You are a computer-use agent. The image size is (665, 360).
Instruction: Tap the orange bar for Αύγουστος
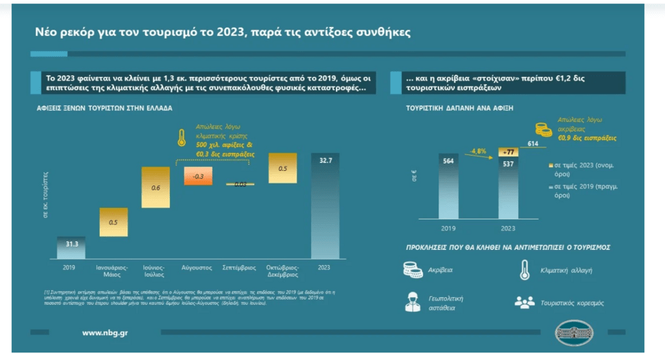(198, 176)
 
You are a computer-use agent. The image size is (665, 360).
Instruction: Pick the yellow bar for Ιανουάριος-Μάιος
(114, 222)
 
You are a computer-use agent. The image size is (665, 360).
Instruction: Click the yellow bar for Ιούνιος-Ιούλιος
(155, 187)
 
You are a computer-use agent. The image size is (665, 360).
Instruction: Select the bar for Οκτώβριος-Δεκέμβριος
(283, 168)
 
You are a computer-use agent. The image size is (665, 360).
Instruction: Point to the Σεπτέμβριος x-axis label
(239, 267)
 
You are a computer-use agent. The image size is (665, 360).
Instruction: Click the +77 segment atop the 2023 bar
(508, 151)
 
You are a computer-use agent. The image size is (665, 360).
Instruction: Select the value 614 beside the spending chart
(533, 143)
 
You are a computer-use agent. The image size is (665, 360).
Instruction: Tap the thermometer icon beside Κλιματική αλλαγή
(524, 269)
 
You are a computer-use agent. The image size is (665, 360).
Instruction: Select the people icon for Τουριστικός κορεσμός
(524, 302)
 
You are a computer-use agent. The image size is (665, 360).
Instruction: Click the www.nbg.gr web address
(105, 333)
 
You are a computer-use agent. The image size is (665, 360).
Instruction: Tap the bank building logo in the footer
(574, 333)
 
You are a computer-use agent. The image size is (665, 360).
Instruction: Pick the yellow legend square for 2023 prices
(549, 166)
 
